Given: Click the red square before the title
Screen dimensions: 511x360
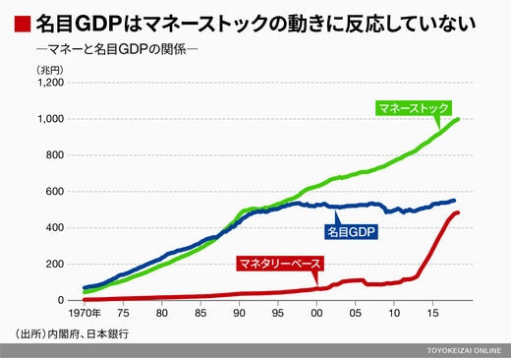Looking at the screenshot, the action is coord(23,24).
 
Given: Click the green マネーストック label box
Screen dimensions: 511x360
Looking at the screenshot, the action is coord(414,108).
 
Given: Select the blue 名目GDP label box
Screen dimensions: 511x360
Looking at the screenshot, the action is coord(351,232).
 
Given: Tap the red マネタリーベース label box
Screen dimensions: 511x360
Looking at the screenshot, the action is coord(280,264).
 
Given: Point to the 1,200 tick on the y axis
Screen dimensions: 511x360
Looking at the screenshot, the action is coord(51,83).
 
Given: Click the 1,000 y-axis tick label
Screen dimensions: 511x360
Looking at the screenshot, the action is coord(51,119).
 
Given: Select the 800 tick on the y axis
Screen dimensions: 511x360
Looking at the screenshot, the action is coord(55,155).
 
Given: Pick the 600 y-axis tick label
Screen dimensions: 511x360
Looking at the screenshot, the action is coord(55,191).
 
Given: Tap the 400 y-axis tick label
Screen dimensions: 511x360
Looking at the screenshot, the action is coord(55,227).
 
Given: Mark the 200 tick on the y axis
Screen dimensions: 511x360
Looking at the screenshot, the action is coord(55,264).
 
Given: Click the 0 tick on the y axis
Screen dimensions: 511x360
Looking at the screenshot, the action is coord(61,300).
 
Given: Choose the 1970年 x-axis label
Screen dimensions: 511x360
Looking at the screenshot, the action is coord(85,313).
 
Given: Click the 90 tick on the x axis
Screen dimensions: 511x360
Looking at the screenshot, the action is coord(239,313).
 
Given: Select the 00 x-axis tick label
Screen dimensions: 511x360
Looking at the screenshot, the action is coord(316,313).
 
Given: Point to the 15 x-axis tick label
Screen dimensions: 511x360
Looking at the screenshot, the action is coord(432,313).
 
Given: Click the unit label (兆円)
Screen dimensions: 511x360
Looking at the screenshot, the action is coord(50,70).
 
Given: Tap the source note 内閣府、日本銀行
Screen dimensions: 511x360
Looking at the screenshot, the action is coord(87,334).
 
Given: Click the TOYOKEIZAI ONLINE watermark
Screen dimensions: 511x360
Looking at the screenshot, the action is coord(464,350).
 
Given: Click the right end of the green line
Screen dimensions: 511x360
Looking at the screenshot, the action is coord(458,119).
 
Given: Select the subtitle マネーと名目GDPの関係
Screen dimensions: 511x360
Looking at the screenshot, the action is coord(117,49).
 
